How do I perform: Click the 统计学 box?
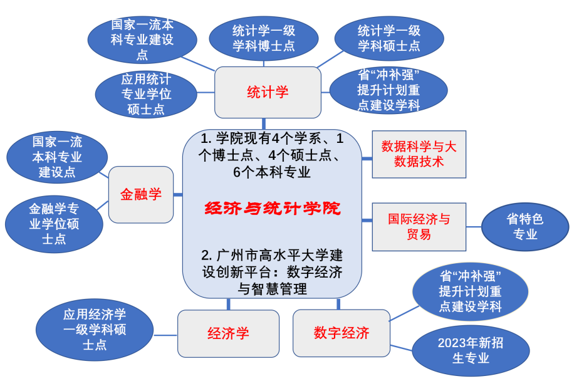pyautogui.click(x=268, y=93)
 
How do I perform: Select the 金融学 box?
pyautogui.click(x=140, y=194)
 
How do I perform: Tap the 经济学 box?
pyautogui.click(x=228, y=333)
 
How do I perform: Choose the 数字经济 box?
pyautogui.click(x=342, y=333)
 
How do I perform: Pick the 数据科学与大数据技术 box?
pyautogui.click(x=419, y=154)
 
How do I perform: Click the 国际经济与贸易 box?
pyautogui.click(x=419, y=227)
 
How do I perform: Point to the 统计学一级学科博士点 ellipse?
pyautogui.click(x=264, y=38)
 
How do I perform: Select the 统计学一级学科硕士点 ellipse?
pyautogui.click(x=389, y=38)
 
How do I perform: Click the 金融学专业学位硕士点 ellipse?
pyautogui.click(x=54, y=223)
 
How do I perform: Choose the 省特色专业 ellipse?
pyautogui.click(x=525, y=227)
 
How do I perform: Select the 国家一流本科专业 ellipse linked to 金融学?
pyautogui.click(x=57, y=157)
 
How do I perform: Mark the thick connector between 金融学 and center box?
pyautogui.click(x=178, y=195)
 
